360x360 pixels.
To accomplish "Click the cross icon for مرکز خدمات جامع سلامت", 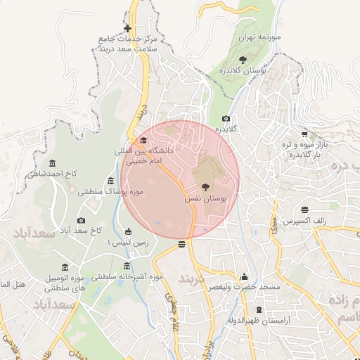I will (x=127, y=29).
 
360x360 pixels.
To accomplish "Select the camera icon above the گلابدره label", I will (x=226, y=119).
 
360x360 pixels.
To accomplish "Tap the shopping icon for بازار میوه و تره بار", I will (x=304, y=134).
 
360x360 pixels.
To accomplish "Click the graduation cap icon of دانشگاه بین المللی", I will (x=143, y=141).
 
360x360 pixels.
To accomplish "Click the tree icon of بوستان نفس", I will (x=205, y=188).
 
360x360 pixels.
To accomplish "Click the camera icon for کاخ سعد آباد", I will (x=80, y=220).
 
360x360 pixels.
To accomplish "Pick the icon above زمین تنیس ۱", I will (x=128, y=231).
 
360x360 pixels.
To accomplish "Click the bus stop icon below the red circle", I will (x=182, y=244).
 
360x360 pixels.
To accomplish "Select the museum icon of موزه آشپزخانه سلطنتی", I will (x=127, y=266).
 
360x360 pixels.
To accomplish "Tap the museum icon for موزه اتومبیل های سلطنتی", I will (x=65, y=267).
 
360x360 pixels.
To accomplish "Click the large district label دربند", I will (x=192, y=278).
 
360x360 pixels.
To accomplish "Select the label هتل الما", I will (x=13, y=284).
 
